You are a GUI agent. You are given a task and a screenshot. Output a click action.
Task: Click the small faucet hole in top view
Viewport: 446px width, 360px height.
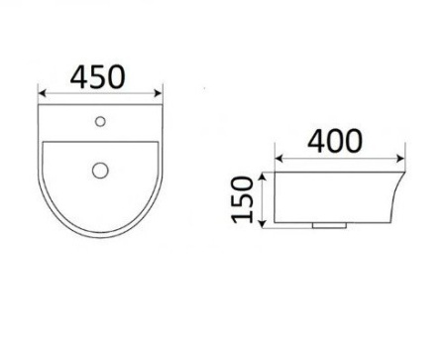point(100,123)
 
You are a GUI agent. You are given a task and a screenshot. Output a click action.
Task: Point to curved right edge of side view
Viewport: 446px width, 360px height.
point(400,198)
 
